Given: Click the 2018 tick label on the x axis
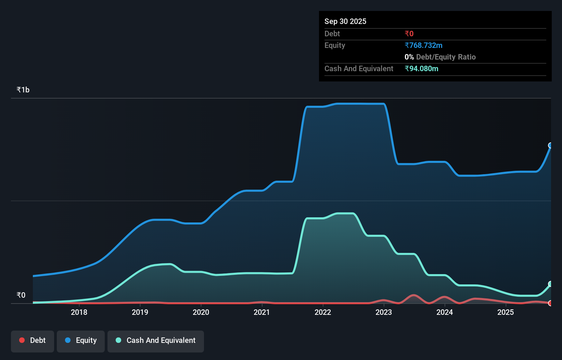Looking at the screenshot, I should (79, 312).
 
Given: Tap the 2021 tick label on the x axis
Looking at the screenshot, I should (262, 312).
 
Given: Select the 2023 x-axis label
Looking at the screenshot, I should (384, 312).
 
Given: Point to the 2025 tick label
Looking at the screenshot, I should (506, 312).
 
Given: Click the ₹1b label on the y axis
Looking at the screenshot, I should (23, 90).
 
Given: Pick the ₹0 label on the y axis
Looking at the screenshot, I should (21, 295).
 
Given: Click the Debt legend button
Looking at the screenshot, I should (33, 340).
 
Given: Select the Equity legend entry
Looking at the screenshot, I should (81, 340).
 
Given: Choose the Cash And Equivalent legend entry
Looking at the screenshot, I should (156, 340).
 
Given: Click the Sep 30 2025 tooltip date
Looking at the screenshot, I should (345, 22).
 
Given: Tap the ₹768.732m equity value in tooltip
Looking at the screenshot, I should (423, 46).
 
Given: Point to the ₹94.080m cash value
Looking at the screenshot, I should (421, 69).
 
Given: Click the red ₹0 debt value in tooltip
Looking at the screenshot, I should (409, 34).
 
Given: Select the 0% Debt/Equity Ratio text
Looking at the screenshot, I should (440, 57).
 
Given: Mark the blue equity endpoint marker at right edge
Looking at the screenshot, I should (550, 145).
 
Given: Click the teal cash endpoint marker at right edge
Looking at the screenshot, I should (550, 284).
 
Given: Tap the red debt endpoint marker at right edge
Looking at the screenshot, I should (550, 303).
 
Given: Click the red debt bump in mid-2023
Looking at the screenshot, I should (414, 295).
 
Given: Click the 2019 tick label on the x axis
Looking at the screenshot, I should (140, 312).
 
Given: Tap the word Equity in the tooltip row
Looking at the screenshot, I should (335, 46).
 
